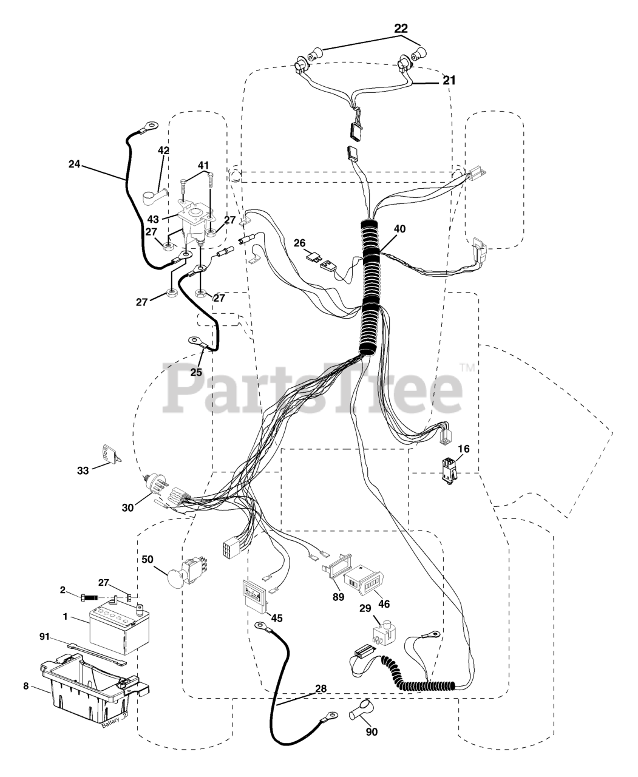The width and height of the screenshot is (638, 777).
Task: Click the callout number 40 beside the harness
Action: click(x=399, y=229)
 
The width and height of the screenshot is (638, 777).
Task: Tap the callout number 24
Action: click(x=74, y=163)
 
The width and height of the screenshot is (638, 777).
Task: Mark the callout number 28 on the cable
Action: click(x=320, y=689)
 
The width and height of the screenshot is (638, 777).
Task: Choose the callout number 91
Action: click(x=45, y=637)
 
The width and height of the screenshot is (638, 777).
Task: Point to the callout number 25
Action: click(x=195, y=372)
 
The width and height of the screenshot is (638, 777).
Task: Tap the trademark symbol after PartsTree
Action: click(x=467, y=367)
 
